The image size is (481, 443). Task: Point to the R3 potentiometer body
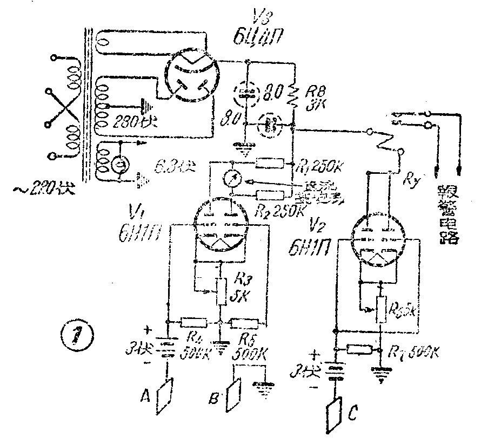221,292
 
